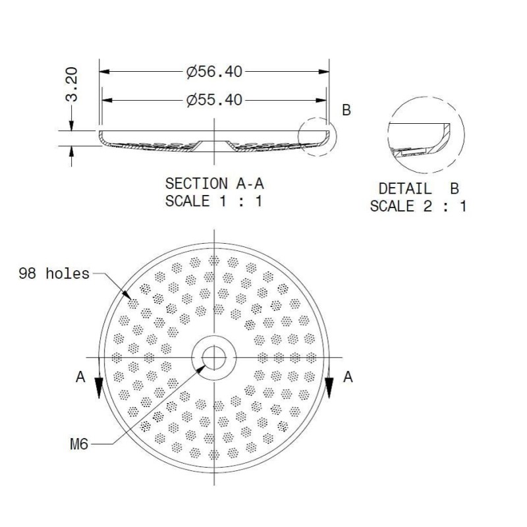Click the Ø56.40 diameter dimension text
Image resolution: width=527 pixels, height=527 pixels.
[215, 72]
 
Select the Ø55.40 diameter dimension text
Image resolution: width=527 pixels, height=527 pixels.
[215, 100]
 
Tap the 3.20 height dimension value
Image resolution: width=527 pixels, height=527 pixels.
[72, 84]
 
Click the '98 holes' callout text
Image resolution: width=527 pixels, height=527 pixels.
[54, 273]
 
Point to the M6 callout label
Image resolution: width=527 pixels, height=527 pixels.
[79, 444]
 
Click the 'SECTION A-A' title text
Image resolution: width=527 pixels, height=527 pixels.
[215, 184]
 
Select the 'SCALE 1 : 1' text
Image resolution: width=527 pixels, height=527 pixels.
[213, 201]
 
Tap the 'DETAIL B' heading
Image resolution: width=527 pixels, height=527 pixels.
[419, 188]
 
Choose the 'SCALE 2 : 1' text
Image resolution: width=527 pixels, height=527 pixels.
[418, 206]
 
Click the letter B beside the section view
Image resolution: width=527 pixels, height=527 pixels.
[347, 110]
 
